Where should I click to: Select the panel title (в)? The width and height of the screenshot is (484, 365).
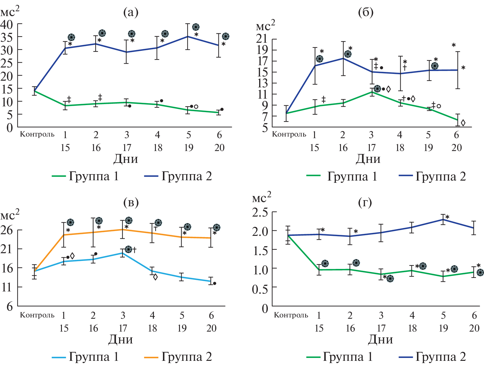tap(131, 202)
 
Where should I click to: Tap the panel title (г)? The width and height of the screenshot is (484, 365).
tap(365, 202)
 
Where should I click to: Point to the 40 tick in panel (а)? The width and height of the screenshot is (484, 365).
tap(7, 24)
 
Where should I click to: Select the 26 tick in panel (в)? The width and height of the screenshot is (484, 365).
tap(7, 230)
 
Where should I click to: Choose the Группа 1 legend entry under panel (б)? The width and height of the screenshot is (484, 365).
tap(342, 176)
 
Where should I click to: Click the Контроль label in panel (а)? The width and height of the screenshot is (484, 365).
tap(37, 134)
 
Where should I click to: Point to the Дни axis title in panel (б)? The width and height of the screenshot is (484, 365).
tap(368, 159)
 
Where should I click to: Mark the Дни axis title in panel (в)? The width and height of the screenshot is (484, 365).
tap(121, 340)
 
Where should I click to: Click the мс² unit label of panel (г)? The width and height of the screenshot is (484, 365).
tap(261, 198)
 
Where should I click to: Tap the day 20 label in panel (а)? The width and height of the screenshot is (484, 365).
tap(219, 148)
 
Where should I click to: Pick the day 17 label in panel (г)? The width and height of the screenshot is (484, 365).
tap(381, 328)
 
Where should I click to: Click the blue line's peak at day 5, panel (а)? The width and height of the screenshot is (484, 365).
tap(188, 36)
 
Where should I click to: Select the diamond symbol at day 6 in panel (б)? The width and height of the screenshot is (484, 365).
tap(463, 123)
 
